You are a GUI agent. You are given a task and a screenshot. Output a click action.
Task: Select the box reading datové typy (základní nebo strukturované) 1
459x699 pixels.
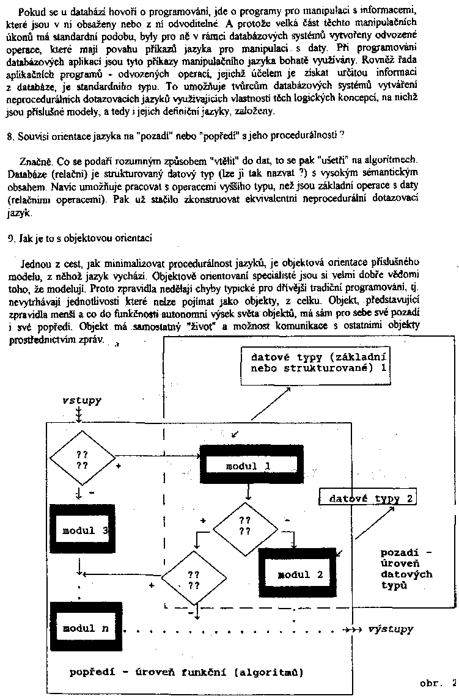click(317, 362)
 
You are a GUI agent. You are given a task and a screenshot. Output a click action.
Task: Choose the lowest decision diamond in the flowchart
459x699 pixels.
click(193, 579)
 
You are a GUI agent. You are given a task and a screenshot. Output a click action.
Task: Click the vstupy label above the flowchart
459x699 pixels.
click(81, 400)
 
